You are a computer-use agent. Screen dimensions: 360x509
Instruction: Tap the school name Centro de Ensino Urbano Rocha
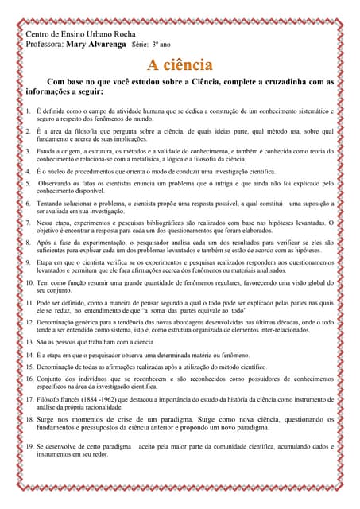81,35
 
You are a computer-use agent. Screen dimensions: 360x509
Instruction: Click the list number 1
28,111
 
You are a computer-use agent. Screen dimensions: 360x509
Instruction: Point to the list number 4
28,171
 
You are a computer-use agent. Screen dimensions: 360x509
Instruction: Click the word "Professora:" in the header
45,45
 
